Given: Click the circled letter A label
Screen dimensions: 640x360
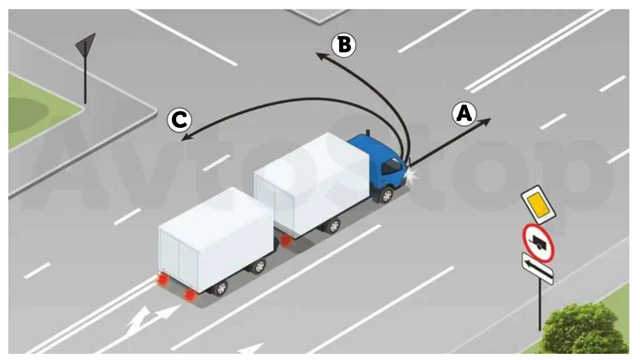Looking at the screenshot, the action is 464,114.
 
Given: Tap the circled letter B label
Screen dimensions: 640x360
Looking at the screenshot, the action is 344,45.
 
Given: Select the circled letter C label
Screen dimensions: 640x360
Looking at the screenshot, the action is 180,120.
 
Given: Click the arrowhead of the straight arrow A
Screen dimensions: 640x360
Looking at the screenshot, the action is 486,121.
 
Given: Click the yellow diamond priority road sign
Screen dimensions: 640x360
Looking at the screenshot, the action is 538,204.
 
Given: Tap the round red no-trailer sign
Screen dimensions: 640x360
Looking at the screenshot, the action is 538,243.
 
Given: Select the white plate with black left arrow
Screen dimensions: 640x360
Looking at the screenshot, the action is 538,268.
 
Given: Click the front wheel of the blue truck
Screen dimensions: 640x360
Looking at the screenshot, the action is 386,196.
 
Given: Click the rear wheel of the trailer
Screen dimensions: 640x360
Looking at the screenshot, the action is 221,288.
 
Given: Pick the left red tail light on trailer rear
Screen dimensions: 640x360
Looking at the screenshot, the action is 162,279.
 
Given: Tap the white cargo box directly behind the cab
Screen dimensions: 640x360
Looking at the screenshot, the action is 312,183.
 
